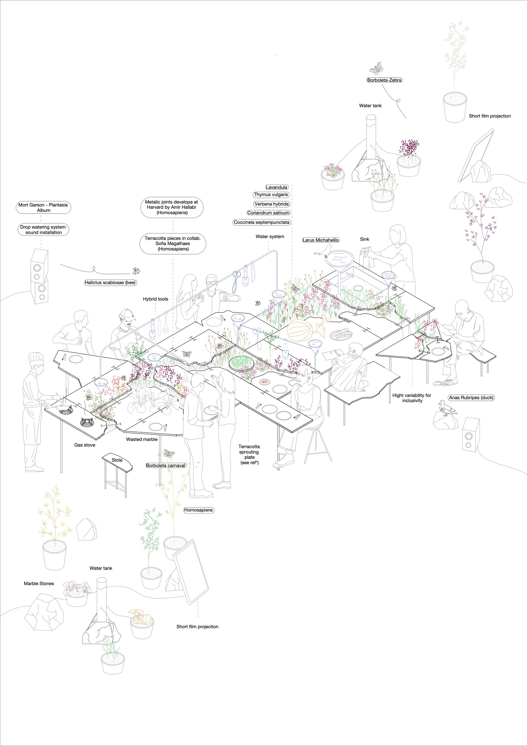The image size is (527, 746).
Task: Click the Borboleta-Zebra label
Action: [384, 80]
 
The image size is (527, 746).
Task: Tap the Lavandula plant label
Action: [276, 187]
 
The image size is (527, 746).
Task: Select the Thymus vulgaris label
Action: [271, 195]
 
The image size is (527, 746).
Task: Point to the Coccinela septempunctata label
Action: [261, 223]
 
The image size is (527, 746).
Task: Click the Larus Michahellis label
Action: [321, 240]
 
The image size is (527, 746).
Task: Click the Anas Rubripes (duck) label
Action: [471, 398]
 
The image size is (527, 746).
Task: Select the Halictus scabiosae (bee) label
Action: [110, 283]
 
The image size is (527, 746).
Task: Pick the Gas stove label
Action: [85, 445]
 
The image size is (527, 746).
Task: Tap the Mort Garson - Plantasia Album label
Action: [43, 208]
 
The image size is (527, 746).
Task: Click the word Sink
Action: [365, 239]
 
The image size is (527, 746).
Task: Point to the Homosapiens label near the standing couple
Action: [198, 510]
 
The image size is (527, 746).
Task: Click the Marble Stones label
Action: [39, 584]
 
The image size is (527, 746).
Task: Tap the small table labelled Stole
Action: [117, 474]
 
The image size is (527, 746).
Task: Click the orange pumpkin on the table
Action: [299, 330]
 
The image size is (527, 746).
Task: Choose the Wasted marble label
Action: [142, 439]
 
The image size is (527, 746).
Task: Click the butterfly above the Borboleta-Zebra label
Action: [377, 68]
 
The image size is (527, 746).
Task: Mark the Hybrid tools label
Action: [155, 299]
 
